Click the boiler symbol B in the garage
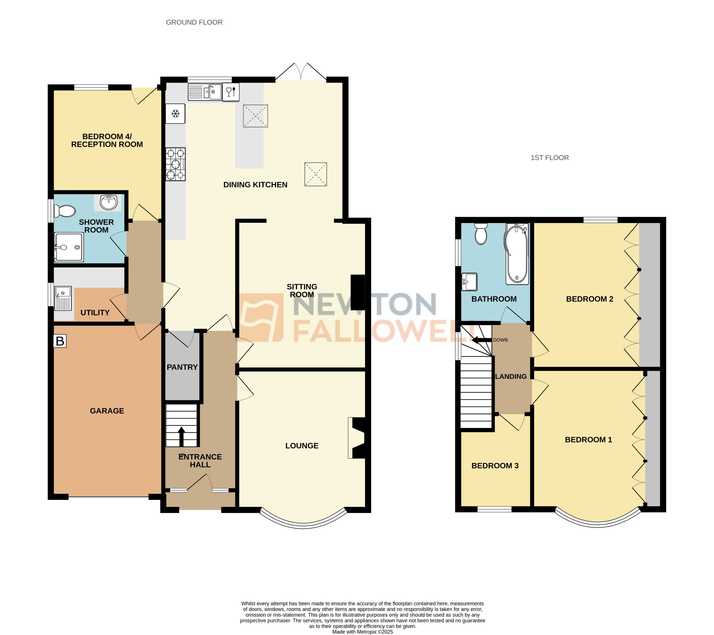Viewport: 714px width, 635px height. click(60, 341)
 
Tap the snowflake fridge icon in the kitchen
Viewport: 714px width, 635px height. click(175, 113)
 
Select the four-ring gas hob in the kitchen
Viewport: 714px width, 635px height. click(175, 164)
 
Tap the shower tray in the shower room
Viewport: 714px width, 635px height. click(69, 247)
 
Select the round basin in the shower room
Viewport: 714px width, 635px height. click(109, 202)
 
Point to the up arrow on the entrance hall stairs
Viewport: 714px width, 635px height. click(181, 436)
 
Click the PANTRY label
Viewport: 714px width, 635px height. click(182, 367)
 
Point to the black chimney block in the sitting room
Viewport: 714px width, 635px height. click(357, 292)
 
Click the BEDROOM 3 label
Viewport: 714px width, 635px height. click(495, 466)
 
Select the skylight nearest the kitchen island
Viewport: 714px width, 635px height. click(255, 116)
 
